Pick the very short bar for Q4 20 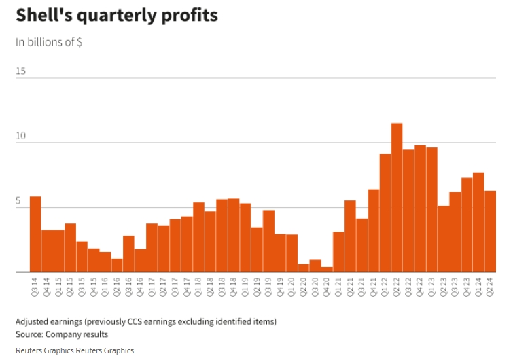point(327,270)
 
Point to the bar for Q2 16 point(117,266)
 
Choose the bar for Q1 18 point(198,237)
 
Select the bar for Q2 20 point(303,268)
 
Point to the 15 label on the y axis point(21,71)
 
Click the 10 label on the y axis point(21,136)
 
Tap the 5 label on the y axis point(19,201)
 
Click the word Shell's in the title point(45,15)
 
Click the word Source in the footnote point(31,334)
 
